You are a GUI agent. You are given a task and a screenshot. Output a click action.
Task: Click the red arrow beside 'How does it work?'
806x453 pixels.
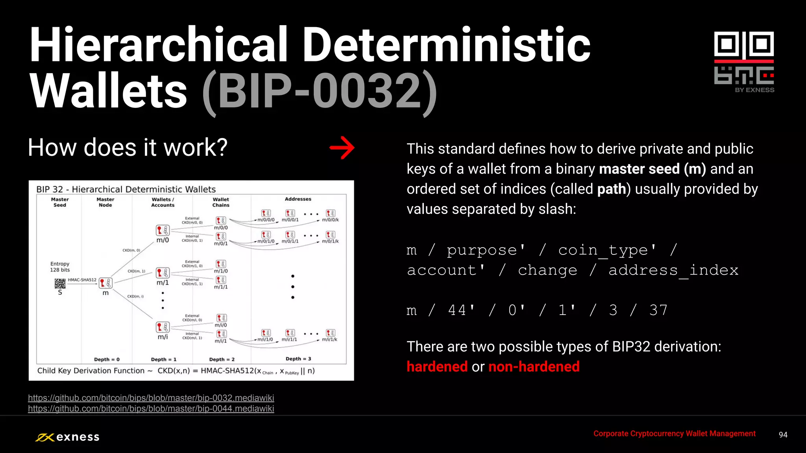(x=342, y=148)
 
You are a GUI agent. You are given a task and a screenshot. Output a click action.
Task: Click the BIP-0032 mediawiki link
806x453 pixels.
(x=151, y=398)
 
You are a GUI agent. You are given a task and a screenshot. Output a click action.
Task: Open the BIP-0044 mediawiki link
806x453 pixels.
(x=151, y=409)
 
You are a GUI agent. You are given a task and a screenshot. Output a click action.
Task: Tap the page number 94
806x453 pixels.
(x=783, y=435)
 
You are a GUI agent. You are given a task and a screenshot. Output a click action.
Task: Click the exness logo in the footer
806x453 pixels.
(x=68, y=437)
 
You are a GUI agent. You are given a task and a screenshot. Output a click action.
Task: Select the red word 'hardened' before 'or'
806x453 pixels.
(x=437, y=366)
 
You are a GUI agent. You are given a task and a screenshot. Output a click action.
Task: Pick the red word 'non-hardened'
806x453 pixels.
(x=534, y=366)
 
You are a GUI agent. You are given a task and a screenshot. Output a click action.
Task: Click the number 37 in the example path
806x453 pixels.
(x=658, y=310)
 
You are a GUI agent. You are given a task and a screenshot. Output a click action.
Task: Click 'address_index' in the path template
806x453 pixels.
(x=673, y=270)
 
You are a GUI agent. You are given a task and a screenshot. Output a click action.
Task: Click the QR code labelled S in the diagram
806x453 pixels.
(x=60, y=283)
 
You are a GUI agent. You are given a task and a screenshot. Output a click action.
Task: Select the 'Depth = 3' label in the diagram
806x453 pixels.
(x=298, y=359)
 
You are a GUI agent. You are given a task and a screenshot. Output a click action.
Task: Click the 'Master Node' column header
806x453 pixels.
(x=105, y=202)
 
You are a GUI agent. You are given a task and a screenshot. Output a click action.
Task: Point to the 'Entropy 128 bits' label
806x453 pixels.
(x=60, y=267)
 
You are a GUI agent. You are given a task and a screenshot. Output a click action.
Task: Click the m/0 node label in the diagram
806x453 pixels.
(x=163, y=240)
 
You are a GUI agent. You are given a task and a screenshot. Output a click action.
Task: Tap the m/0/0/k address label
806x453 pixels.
(x=330, y=220)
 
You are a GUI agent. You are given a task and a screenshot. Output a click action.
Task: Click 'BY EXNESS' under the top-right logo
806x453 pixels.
(x=754, y=90)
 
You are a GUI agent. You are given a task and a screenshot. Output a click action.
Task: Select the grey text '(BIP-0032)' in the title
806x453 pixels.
(x=319, y=92)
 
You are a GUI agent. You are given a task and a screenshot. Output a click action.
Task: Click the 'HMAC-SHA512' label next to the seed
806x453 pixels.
(x=82, y=280)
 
